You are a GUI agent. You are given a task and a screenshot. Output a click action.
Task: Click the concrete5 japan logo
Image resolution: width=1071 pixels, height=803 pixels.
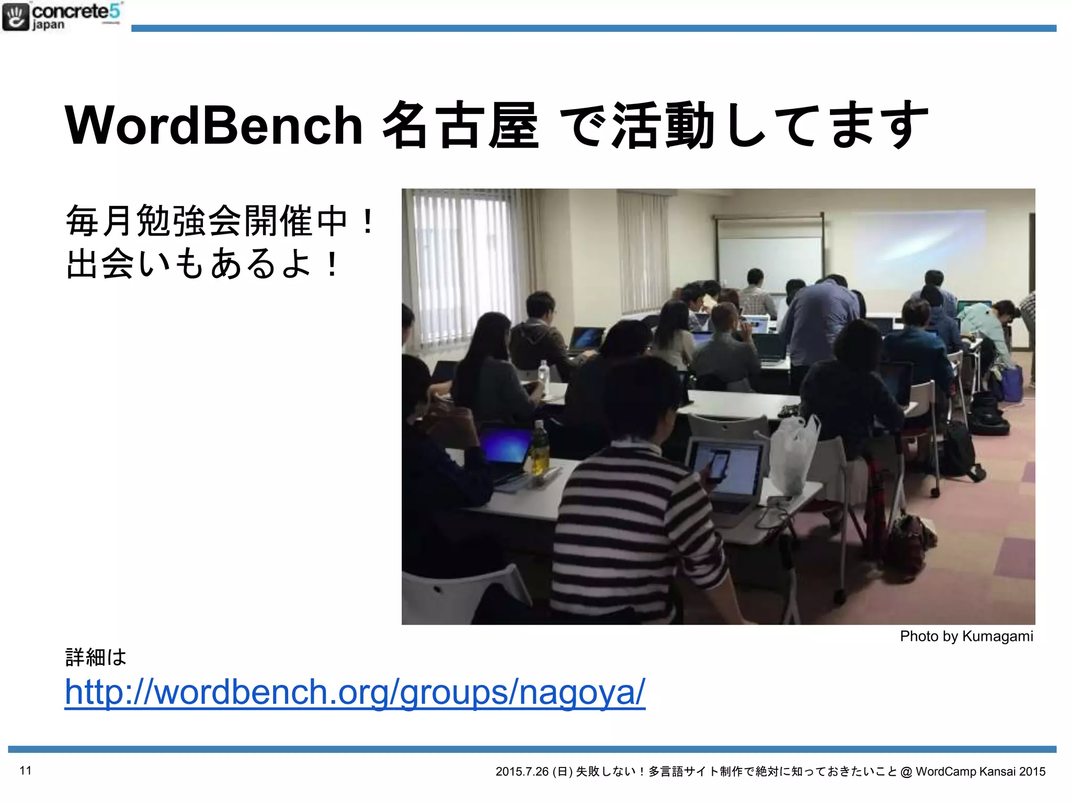[x=62, y=17]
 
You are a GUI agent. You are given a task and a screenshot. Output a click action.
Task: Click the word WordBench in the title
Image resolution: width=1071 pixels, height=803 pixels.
[x=213, y=125]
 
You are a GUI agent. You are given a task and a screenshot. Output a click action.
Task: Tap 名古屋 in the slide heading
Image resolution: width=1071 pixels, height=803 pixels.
[x=460, y=125]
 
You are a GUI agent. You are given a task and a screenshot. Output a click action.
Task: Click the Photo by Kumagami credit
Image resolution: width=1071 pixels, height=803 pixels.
[x=966, y=636]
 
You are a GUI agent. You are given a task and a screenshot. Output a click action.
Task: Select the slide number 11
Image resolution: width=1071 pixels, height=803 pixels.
[x=26, y=770]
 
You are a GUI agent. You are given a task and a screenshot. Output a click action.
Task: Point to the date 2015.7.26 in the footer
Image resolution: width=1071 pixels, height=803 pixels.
[x=522, y=772]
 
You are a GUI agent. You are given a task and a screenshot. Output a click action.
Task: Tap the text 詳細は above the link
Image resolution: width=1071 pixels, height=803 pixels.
[x=96, y=657]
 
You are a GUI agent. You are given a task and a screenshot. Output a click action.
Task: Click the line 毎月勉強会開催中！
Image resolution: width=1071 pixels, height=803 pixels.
[x=220, y=222]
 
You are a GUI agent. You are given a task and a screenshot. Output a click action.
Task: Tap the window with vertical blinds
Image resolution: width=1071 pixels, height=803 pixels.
[x=460, y=267]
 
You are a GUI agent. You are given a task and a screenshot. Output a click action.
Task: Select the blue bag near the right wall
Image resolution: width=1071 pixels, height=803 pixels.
[x=1012, y=383]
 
